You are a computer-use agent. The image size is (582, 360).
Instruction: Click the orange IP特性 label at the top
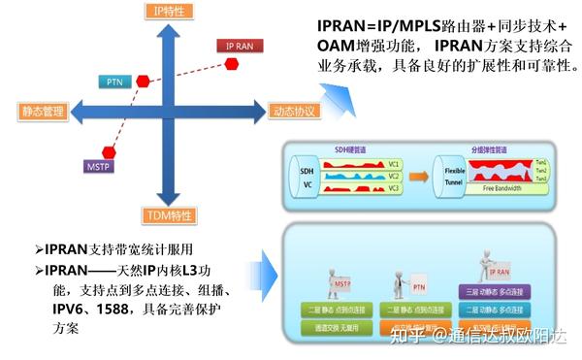coord(171,11)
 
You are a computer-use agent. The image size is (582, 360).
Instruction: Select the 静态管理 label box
coord(42,112)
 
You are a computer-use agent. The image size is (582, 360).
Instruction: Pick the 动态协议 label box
coord(294,112)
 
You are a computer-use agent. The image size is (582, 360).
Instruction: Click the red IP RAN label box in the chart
coord(239,46)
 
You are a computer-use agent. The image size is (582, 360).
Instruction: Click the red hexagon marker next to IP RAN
coord(233,63)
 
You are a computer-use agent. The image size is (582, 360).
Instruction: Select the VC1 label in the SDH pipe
coord(394,164)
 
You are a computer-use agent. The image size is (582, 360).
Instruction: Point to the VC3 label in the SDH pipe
coord(394,187)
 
